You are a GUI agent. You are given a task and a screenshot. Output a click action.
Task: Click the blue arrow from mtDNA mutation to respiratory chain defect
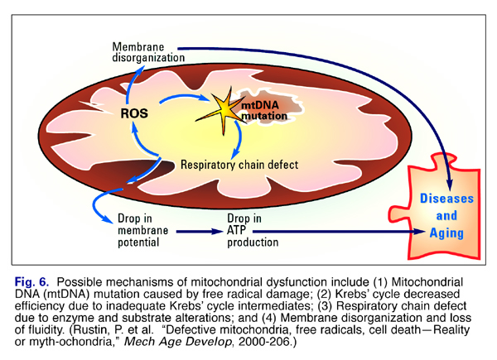point(241,141)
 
